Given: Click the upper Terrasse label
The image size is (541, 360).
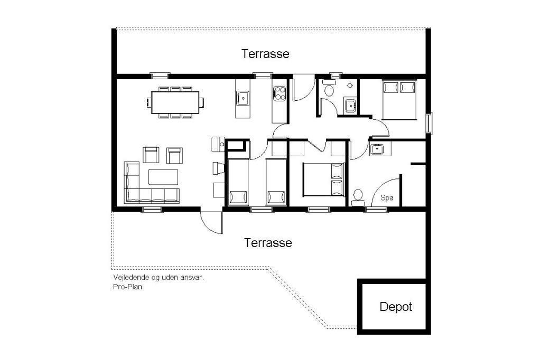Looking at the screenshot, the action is click(x=265, y=54).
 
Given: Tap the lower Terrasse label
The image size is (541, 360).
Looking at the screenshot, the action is click(x=268, y=243).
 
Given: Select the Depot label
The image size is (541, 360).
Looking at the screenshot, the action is click(x=396, y=307).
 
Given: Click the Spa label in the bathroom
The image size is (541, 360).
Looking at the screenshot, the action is click(x=387, y=198).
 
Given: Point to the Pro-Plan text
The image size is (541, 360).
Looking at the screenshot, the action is click(x=127, y=287).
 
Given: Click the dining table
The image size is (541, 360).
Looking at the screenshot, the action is click(x=175, y=102).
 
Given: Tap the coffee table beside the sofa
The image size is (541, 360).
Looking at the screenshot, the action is click(x=163, y=177).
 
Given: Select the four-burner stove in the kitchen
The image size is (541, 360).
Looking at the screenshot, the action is click(x=279, y=93).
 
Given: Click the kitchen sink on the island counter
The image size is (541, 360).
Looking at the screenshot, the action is click(x=243, y=98).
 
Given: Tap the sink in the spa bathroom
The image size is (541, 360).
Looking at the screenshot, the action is click(x=377, y=149).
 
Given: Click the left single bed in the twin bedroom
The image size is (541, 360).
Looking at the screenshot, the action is click(x=238, y=182).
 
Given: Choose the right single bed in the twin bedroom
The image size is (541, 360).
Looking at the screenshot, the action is click(x=276, y=182).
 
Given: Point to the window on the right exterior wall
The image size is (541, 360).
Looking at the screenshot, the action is click(x=429, y=122).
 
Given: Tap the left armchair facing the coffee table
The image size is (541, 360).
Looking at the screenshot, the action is click(x=151, y=155).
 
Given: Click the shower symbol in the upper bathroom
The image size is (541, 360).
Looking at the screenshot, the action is click(x=350, y=85).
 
